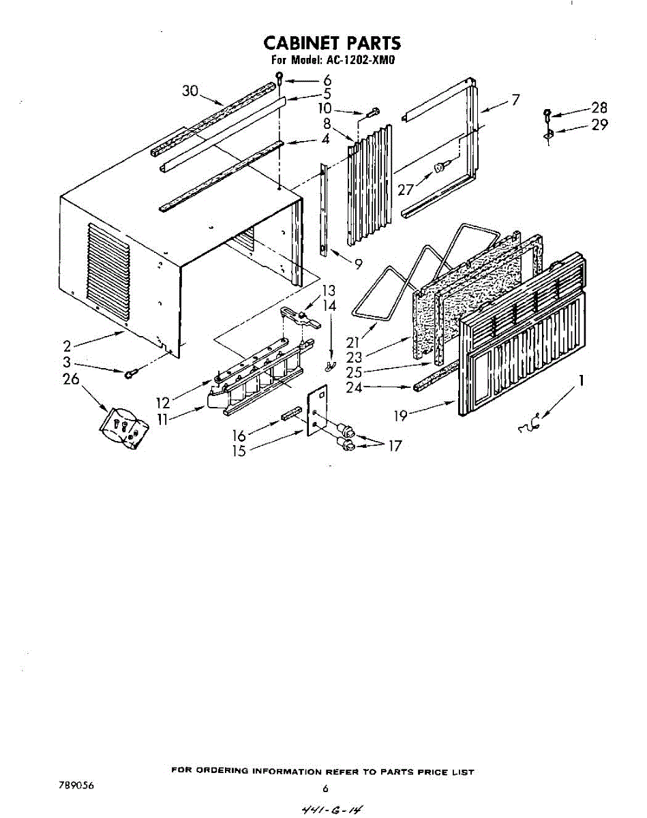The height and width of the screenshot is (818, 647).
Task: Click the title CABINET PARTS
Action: [332, 43]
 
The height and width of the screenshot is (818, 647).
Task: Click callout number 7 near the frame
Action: [515, 100]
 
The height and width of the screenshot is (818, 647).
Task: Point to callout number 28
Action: [599, 108]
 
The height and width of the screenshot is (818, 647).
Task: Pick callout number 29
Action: [599, 125]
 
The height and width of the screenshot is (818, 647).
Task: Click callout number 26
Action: [71, 379]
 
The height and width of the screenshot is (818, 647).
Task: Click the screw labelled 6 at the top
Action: [279, 77]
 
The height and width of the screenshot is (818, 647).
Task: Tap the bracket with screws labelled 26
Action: [123, 429]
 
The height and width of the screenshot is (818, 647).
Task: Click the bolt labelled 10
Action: [374, 112]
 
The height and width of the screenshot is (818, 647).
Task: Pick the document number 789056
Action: [76, 786]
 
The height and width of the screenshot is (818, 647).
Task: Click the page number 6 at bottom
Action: [325, 789]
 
